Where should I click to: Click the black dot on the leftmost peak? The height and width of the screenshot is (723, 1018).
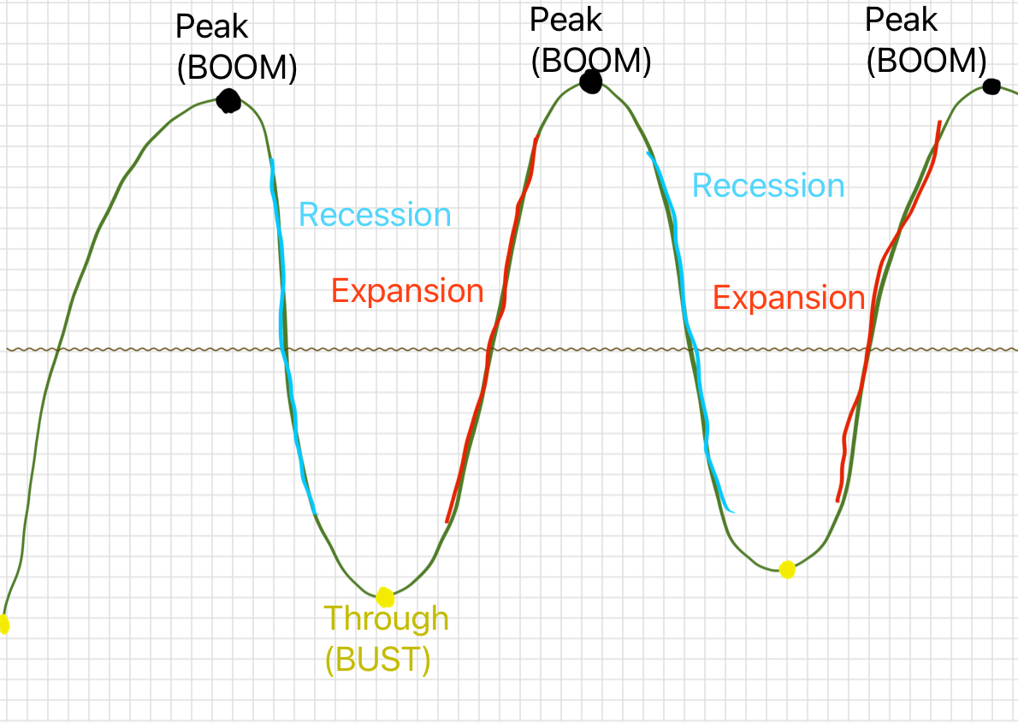pos(228,101)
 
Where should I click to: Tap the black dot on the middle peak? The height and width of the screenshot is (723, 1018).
pos(590,82)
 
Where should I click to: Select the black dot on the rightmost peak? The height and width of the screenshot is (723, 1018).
pos(991,86)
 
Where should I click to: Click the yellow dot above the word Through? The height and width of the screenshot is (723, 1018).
pos(384,596)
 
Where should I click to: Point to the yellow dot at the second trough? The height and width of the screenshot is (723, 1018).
pos(787,569)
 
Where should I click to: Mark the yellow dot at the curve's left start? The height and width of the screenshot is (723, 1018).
pos(3,625)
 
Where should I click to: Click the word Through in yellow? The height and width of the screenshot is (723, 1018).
pos(386,618)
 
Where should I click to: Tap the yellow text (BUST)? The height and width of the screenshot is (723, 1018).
pos(377,660)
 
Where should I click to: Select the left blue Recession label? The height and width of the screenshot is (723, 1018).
pos(375,215)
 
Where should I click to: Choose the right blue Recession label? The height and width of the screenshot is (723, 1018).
pos(768,186)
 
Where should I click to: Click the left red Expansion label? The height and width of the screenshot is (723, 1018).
pos(407,291)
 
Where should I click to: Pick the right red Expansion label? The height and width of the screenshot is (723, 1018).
pos(789,298)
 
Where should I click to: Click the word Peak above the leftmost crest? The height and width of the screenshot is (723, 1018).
pos(212,27)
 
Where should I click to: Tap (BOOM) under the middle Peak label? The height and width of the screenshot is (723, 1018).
pos(591,61)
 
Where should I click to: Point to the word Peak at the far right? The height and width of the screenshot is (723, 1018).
pos(902,20)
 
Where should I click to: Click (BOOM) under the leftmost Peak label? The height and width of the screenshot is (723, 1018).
pos(237,68)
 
